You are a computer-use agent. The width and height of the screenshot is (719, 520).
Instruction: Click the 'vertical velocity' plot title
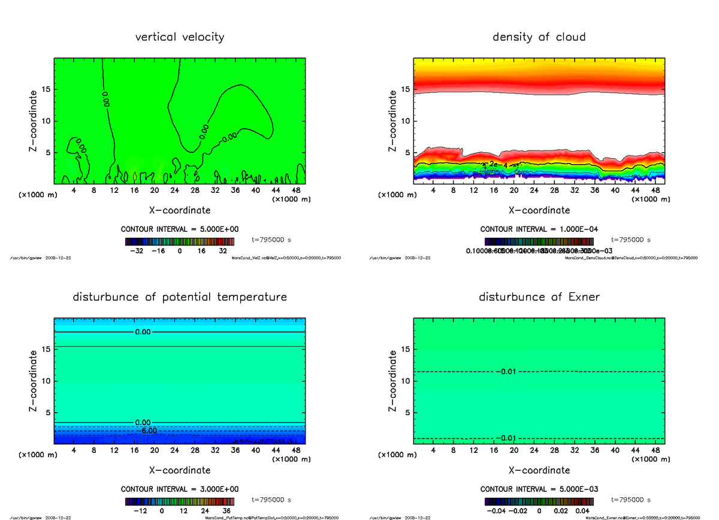point(180,37)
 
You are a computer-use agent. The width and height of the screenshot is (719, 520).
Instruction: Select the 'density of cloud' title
point(539,37)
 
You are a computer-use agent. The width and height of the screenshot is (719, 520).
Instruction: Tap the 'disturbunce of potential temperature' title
point(180,297)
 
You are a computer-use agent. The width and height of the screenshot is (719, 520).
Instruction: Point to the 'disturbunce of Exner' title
point(539,297)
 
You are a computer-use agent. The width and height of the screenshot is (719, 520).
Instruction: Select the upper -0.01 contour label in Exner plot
point(506,372)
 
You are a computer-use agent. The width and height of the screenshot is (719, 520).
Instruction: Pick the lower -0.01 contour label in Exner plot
point(506,439)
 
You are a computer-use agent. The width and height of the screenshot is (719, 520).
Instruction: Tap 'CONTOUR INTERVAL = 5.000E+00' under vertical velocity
point(180,229)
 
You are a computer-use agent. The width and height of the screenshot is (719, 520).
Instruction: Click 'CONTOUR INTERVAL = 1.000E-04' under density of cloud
point(539,229)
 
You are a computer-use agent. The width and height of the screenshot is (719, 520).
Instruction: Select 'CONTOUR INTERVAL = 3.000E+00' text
point(180,489)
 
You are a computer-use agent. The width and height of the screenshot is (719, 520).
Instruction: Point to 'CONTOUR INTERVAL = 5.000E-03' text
point(539,489)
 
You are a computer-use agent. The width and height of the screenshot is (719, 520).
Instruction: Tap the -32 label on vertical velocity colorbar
point(139,252)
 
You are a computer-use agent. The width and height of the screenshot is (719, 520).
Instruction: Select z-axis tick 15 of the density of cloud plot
point(406,90)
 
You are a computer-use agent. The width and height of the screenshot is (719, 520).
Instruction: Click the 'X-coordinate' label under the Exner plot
point(539,470)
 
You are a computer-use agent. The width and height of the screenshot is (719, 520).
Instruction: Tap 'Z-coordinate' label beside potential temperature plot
point(35,381)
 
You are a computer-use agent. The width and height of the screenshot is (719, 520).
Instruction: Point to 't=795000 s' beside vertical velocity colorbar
point(272,240)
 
